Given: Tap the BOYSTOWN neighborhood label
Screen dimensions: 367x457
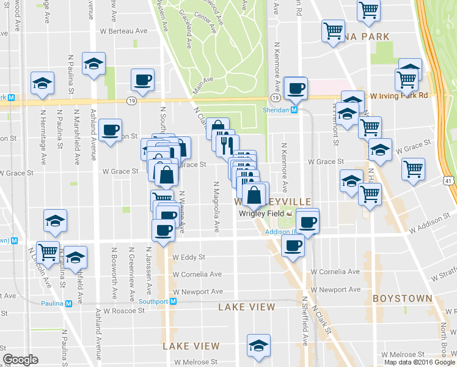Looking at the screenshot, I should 403,298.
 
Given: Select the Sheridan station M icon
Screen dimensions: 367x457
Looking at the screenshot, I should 294,110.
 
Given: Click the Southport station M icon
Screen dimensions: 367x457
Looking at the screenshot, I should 174,301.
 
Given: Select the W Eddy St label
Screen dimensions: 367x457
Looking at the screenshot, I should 189,258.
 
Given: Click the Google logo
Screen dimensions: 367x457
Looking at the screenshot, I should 20,360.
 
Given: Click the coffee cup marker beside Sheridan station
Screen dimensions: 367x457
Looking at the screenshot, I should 296,88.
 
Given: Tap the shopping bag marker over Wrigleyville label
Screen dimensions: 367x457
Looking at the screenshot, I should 255,195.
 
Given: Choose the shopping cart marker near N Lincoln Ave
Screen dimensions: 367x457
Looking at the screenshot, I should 47,251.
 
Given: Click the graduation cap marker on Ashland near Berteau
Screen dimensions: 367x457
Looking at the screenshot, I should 93,64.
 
